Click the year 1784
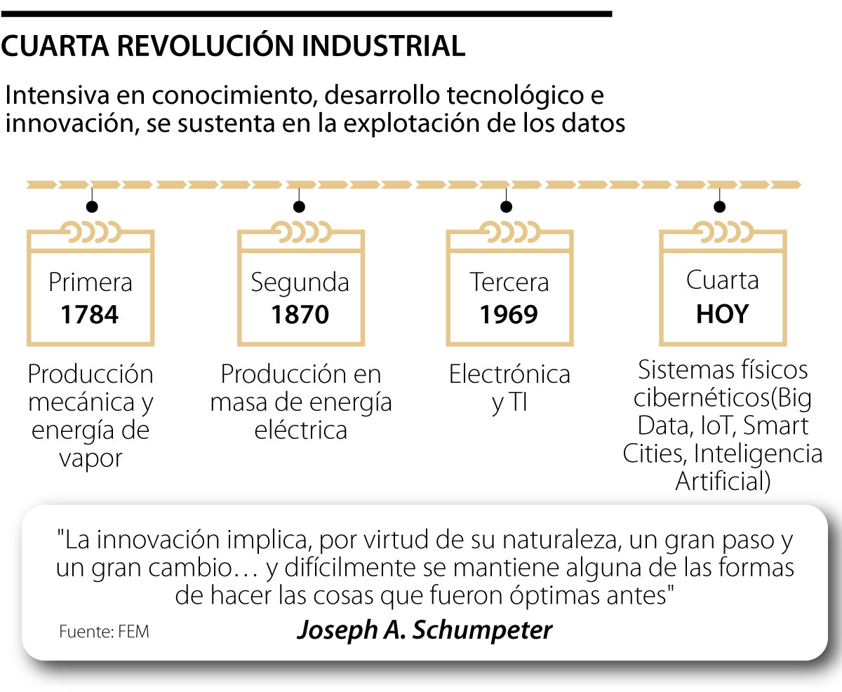[x=90, y=315]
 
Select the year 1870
[x=300, y=315]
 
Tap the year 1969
[x=509, y=315]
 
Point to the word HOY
[x=722, y=313]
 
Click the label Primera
[x=90, y=283]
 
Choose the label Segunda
[x=300, y=283]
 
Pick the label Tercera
[x=509, y=283]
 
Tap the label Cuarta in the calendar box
[x=722, y=280]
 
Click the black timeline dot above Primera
[x=91, y=206]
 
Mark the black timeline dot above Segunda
[x=300, y=206]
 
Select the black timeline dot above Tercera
[x=505, y=206]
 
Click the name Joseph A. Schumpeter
[x=425, y=630]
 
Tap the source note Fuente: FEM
[x=104, y=632]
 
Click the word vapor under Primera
[x=91, y=459]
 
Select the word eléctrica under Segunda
[x=300, y=430]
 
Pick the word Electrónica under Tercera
[x=509, y=374]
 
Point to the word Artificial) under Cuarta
[x=723, y=482]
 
